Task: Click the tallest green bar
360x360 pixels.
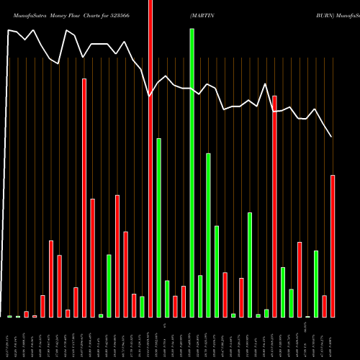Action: tap(192, 173)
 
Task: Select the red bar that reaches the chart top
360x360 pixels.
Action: tap(150, 158)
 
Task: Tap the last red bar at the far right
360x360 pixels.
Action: tap(333, 246)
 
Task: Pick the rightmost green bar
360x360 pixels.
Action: tap(316, 284)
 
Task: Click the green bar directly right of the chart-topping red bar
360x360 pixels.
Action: tap(158, 228)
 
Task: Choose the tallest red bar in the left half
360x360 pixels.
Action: tap(84, 197)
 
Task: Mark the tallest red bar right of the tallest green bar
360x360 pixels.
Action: tap(274, 206)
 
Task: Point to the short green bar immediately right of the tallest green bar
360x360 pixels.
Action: tap(200, 296)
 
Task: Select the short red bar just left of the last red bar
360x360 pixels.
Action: tap(325, 306)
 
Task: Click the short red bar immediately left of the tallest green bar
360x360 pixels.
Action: tap(184, 301)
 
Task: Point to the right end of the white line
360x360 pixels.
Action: tap(332, 137)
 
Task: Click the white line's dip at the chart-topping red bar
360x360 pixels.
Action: tap(150, 96)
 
